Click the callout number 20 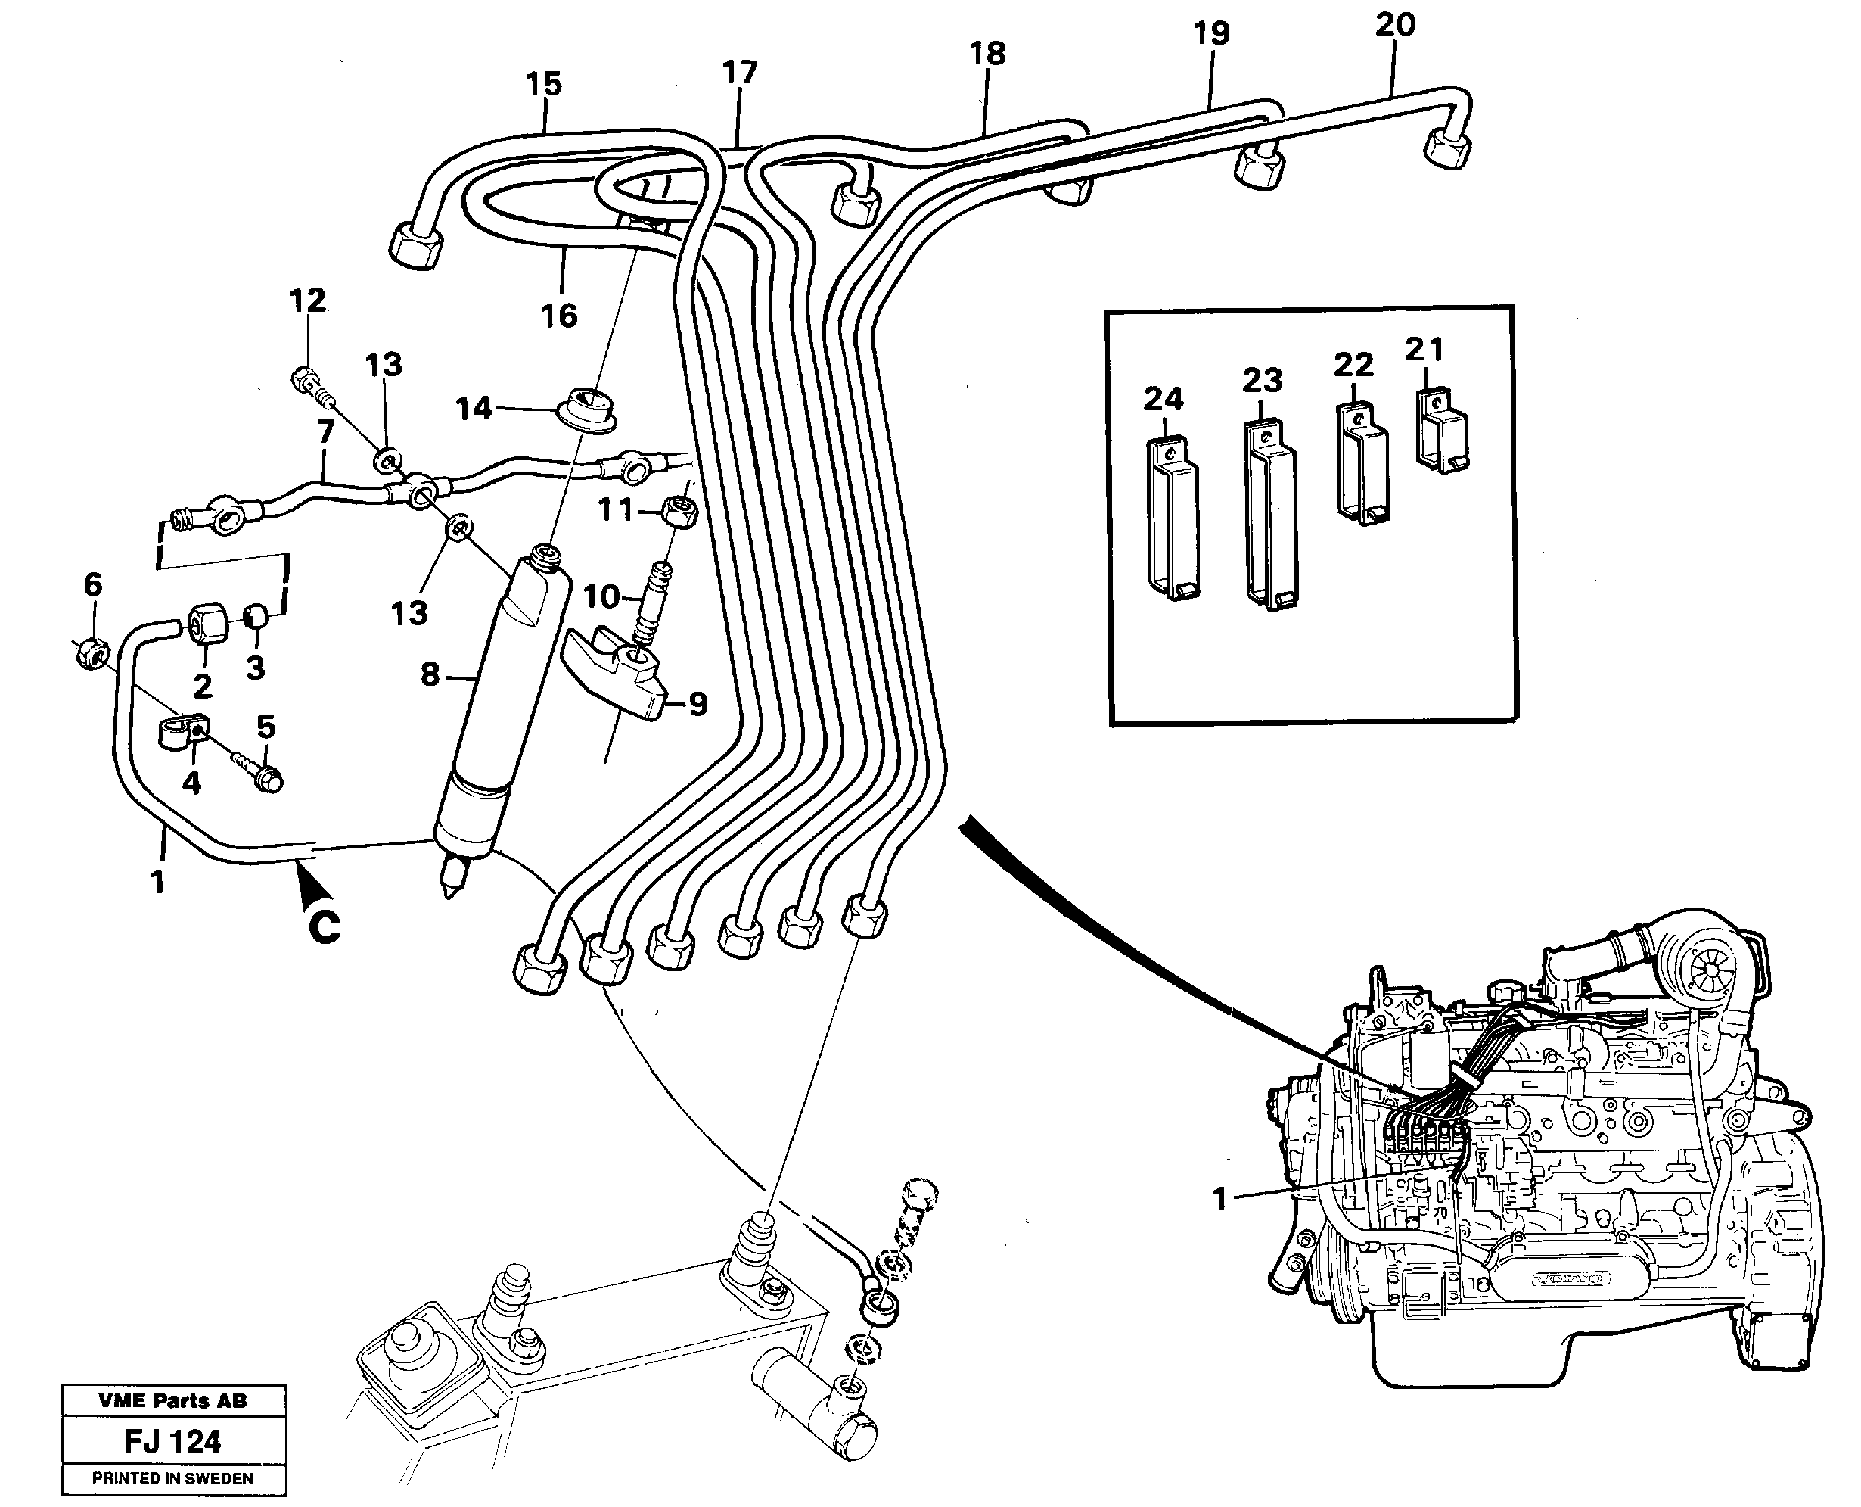(x=1395, y=24)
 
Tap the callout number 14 (x=474, y=408)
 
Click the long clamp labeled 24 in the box (x=1173, y=521)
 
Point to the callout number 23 (x=1262, y=380)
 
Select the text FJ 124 (x=172, y=1442)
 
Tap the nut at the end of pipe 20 (x=1447, y=148)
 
